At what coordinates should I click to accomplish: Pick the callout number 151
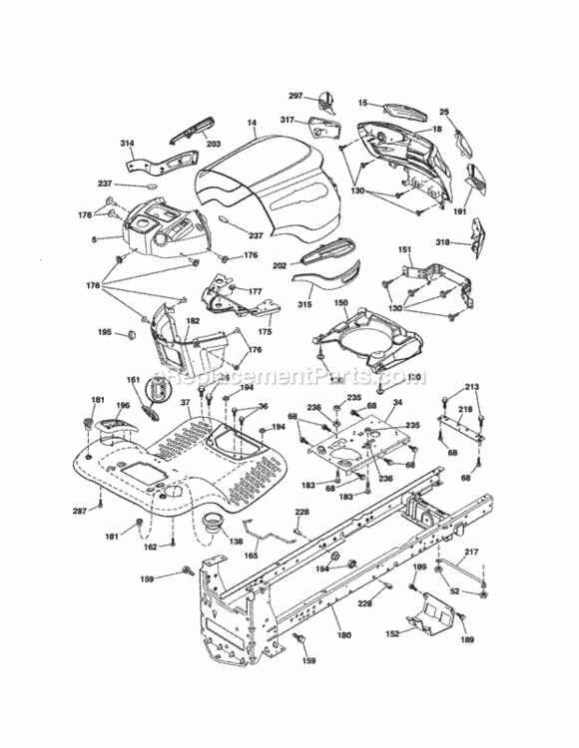point(405,249)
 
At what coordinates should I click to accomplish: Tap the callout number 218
point(465,410)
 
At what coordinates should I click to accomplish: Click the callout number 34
point(397,403)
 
